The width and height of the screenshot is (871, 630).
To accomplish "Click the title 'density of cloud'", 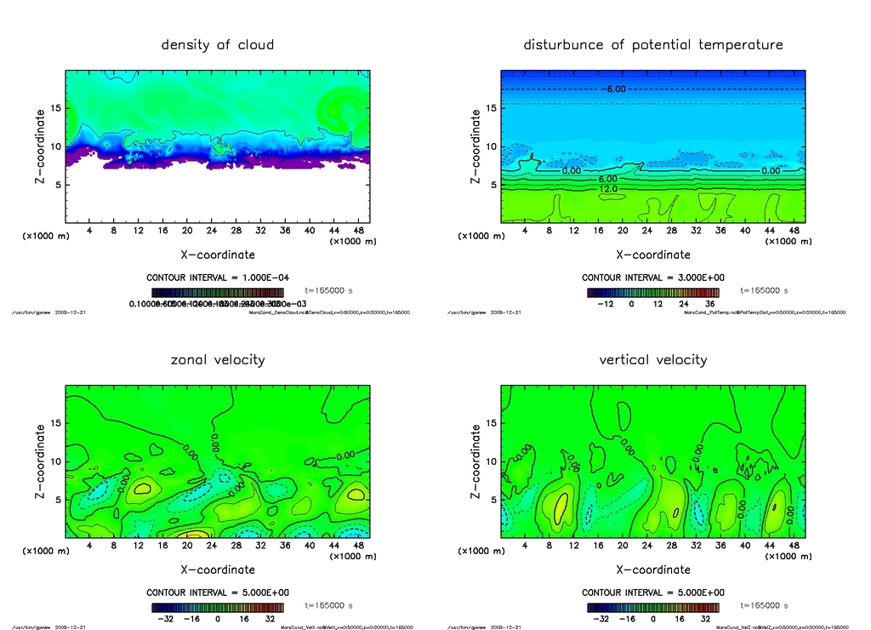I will click(x=218, y=44).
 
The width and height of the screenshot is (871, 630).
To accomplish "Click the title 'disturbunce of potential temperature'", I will click(x=653, y=44).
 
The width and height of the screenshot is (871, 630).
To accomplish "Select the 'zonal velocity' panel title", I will click(x=218, y=359).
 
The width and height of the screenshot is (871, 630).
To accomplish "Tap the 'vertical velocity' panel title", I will click(x=653, y=359).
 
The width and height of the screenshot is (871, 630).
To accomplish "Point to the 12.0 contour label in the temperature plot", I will click(x=608, y=188).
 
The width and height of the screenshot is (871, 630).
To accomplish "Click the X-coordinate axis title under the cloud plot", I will click(x=218, y=254).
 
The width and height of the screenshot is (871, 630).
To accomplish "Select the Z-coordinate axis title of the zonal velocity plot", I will click(x=41, y=461).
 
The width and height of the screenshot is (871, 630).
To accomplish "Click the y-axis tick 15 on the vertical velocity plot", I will click(x=492, y=423).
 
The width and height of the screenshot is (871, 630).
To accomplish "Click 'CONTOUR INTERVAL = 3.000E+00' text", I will click(x=653, y=278).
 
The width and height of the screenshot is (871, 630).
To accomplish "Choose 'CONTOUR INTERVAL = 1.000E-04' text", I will click(x=218, y=278).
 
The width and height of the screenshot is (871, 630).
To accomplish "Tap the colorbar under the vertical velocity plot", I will click(x=653, y=608).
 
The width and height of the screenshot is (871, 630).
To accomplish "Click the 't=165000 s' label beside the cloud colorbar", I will click(x=329, y=290).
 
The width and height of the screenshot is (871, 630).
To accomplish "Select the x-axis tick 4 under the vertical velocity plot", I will click(x=526, y=546).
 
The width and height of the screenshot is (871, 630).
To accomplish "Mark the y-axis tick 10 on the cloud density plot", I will click(x=56, y=146).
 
